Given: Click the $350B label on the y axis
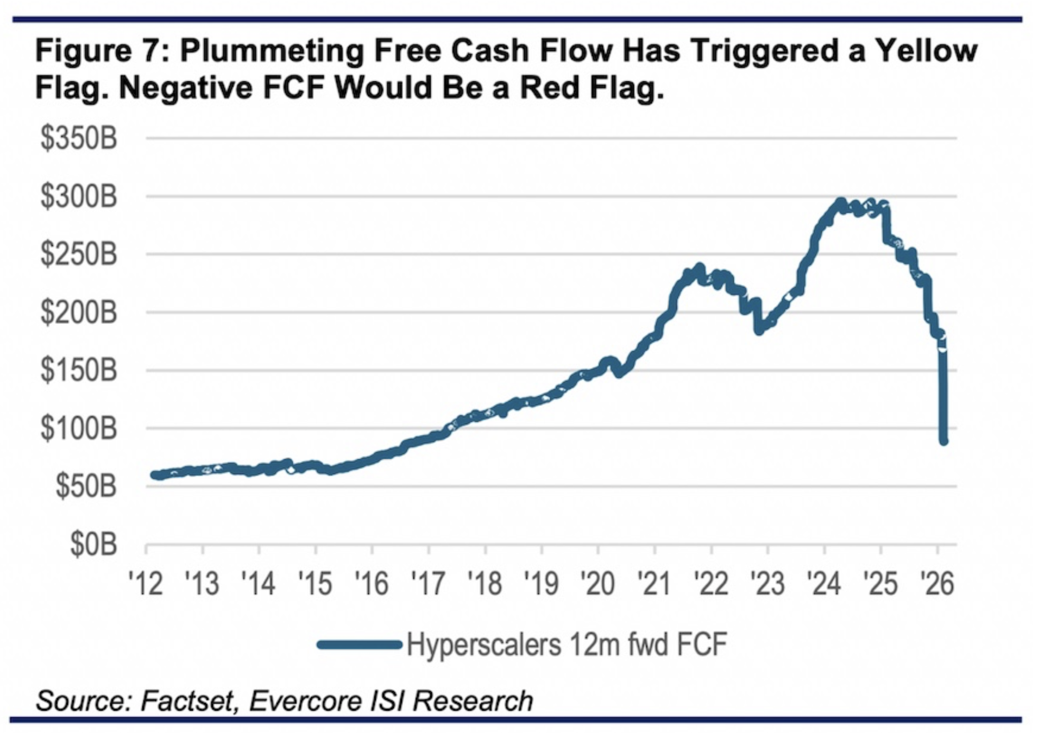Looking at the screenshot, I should tap(79, 139).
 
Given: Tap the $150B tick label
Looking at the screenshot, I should tap(79, 371).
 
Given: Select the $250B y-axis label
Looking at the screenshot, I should tap(79, 255).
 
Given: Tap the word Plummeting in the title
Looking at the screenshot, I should tap(271, 51).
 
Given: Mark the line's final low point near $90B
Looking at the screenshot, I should tap(944, 441).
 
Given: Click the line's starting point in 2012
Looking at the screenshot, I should tap(155, 475).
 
